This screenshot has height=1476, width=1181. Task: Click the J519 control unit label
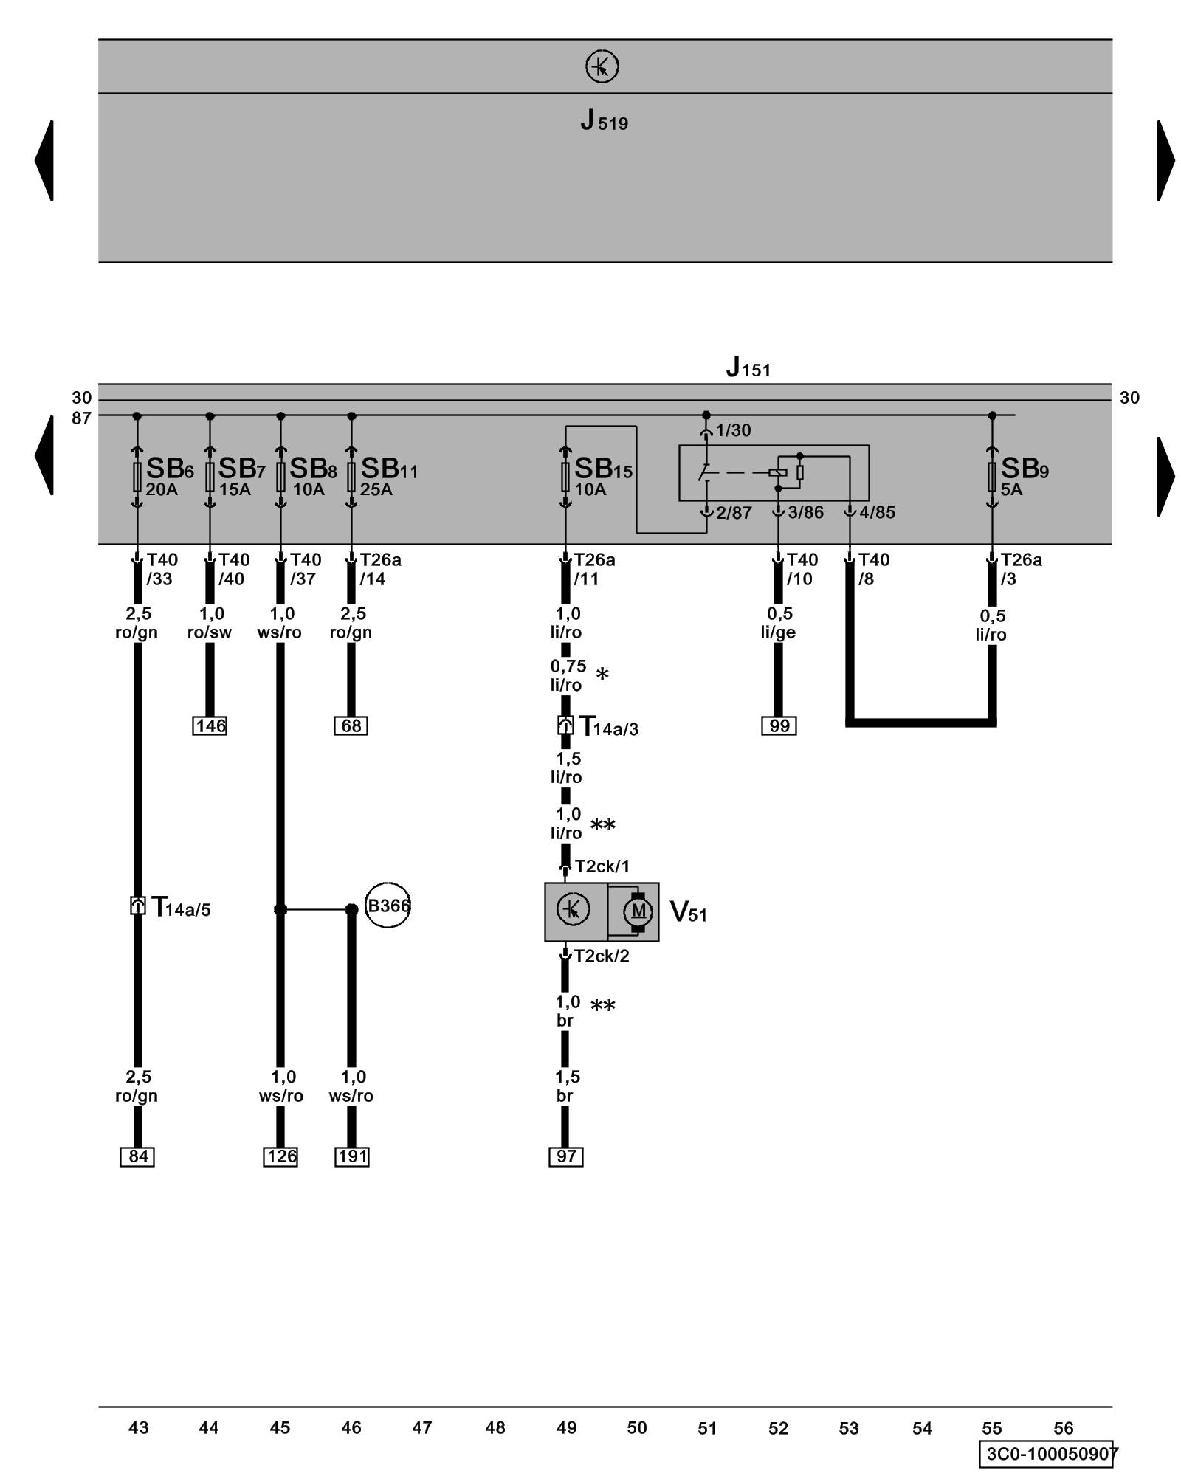(x=604, y=120)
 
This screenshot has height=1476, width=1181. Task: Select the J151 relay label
(x=748, y=367)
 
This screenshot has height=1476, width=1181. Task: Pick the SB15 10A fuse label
(x=602, y=476)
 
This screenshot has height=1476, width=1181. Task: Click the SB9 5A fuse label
(x=1023, y=476)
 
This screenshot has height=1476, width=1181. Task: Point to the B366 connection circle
(x=388, y=905)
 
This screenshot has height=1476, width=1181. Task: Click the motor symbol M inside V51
(x=638, y=911)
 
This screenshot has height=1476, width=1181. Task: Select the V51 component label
(x=688, y=912)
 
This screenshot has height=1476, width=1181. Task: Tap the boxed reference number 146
(x=210, y=725)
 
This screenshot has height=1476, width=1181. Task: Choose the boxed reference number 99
(x=779, y=725)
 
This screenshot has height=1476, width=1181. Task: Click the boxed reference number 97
(x=566, y=1156)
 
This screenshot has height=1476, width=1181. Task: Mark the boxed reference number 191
(x=352, y=1156)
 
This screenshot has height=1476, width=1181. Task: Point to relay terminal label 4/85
(x=877, y=512)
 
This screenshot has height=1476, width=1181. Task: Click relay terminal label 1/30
(x=733, y=430)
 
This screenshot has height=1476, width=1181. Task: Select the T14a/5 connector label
(x=180, y=906)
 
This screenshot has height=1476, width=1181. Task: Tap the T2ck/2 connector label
(x=602, y=956)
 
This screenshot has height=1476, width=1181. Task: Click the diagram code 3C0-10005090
(x=1049, y=1454)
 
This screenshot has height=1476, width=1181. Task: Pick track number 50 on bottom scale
(x=636, y=1428)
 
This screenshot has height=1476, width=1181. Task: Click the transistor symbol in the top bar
(x=602, y=66)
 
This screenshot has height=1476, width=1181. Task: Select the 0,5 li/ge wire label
(x=779, y=623)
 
